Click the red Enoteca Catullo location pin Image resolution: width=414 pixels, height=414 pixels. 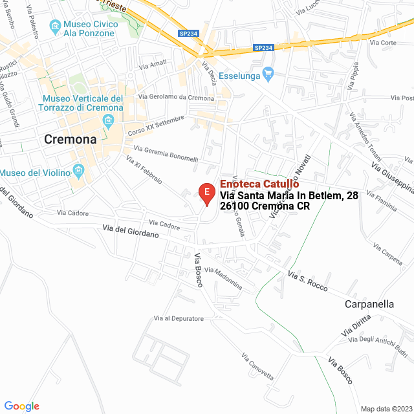(x=206, y=193)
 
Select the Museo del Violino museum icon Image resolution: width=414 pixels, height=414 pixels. (x=79, y=172)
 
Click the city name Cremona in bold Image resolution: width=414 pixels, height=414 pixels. (x=70, y=139)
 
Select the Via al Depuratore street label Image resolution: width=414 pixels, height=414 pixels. (x=179, y=318)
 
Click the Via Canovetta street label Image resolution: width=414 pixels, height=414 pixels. (x=257, y=367)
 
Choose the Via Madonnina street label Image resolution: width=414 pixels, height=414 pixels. (x=223, y=278)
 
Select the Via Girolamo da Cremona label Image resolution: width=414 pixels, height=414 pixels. (x=181, y=98)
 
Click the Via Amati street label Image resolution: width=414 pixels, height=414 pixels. (x=153, y=65)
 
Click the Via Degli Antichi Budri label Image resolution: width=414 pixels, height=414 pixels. (x=378, y=340)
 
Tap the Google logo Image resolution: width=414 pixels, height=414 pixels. (x=21, y=406)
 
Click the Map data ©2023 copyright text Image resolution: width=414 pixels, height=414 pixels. (x=386, y=409)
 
